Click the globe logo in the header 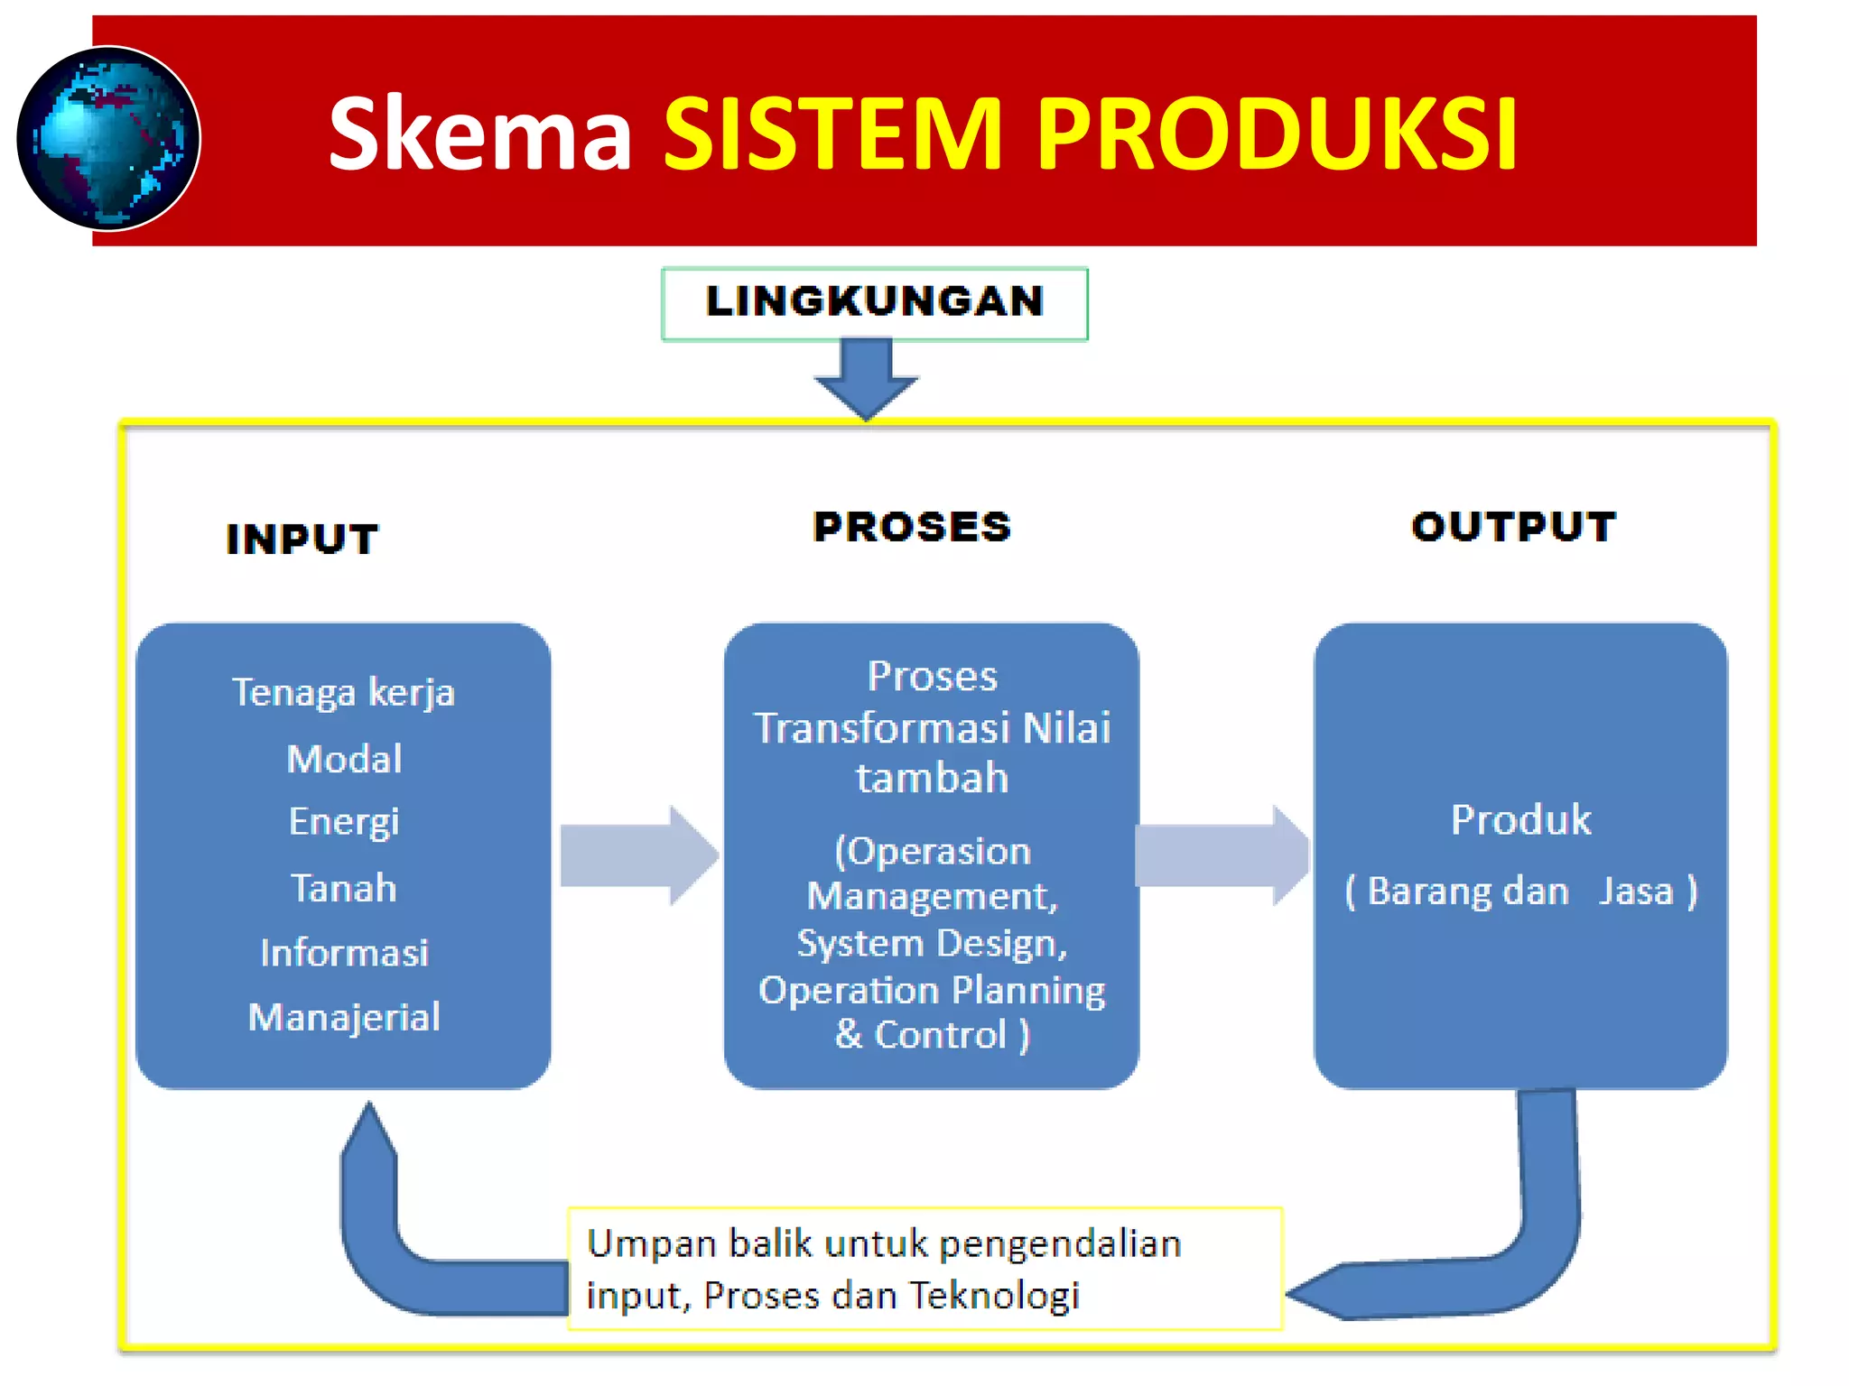point(108,138)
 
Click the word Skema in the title point(479,134)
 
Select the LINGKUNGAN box point(874,303)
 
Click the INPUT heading point(302,539)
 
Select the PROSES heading point(912,527)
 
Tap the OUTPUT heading point(1513,527)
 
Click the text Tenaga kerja point(343,693)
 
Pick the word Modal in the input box point(344,759)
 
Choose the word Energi point(344,822)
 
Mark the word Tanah point(344,888)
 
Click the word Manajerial point(344,1017)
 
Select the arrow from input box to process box point(637,855)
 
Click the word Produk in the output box point(1520,819)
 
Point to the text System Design point(931,943)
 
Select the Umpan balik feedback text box point(924,1268)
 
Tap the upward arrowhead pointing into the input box point(368,1132)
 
